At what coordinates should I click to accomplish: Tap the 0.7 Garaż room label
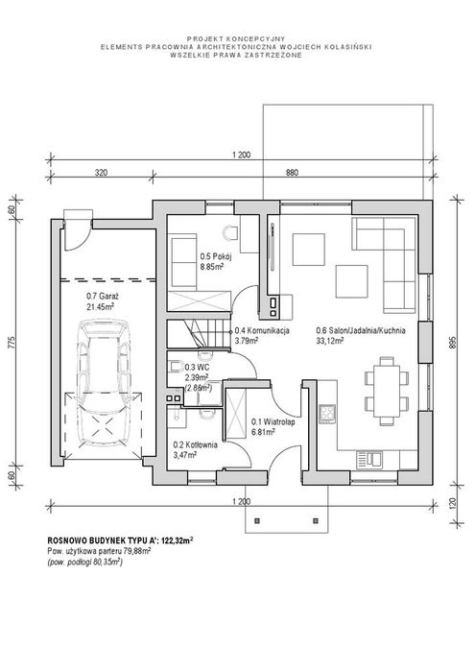(103, 296)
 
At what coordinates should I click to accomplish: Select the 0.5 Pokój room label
(216, 256)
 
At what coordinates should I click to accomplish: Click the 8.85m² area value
(213, 266)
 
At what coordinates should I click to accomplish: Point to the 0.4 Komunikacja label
(262, 330)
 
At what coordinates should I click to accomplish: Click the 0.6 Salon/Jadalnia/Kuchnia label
(361, 330)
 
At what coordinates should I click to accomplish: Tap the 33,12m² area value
(330, 341)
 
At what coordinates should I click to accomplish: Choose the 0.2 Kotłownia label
(195, 445)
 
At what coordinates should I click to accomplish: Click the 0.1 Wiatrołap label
(273, 422)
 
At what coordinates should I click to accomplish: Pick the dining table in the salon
(387, 391)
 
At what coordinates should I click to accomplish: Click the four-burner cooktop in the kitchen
(328, 414)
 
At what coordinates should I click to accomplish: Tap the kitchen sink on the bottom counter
(370, 460)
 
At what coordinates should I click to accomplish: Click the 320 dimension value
(101, 173)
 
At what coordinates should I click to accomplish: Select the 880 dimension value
(292, 173)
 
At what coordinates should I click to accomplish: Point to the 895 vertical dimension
(454, 343)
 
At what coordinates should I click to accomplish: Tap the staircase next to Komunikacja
(198, 334)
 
